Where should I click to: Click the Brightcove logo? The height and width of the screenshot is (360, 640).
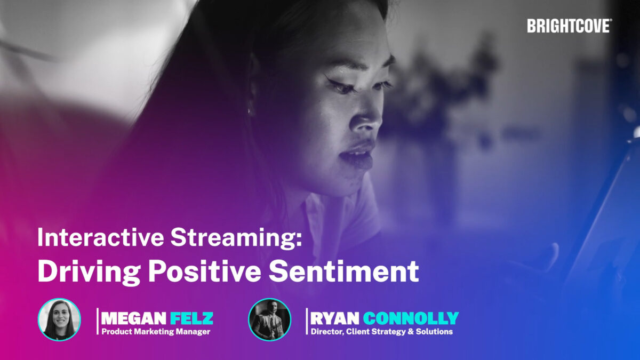570,26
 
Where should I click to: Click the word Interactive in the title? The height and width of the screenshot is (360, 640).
101,237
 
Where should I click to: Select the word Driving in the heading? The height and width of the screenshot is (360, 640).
89,272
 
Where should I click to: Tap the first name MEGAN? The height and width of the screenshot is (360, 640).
134,318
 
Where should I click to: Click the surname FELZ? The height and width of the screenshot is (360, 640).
191,318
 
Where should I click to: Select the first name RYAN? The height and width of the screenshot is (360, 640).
334,318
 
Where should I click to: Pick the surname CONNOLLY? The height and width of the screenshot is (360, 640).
411,318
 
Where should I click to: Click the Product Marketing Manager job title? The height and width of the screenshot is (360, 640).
156,332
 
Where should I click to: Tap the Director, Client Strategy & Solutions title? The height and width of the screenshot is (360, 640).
382,332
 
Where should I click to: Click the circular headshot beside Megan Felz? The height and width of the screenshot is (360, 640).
59,319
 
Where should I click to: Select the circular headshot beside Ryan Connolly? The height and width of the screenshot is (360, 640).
270,319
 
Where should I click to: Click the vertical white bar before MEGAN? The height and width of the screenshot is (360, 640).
98,321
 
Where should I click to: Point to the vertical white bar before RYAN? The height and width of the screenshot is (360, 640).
307,321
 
